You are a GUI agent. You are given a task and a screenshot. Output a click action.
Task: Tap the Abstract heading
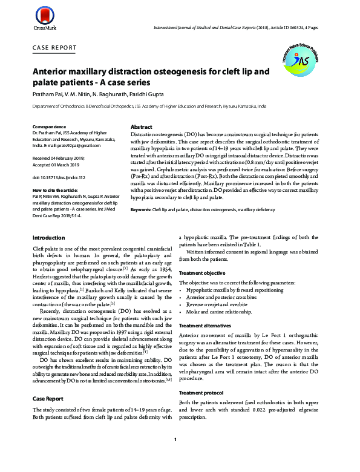(141, 127)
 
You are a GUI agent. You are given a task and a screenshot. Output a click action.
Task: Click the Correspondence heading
(50, 126)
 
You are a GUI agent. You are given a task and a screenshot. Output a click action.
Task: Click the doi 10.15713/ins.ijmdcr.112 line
(59, 177)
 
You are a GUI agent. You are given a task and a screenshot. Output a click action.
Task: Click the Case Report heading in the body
(47, 399)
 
